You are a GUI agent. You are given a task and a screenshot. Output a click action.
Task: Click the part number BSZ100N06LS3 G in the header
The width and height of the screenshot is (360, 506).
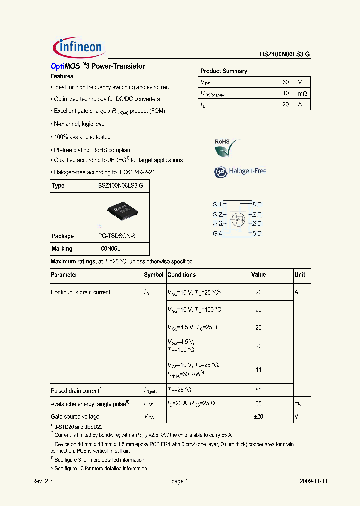[285, 55]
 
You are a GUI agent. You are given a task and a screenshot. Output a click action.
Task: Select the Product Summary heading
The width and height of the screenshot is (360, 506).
[223, 71]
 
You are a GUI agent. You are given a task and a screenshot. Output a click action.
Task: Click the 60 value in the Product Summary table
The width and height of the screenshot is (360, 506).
[285, 82]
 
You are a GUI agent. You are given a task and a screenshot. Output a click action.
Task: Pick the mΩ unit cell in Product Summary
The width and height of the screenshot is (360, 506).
[303, 93]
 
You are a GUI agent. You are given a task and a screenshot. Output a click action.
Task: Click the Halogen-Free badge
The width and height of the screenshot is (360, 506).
[240, 171]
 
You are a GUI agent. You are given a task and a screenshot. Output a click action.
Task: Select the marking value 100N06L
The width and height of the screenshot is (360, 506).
[110, 249]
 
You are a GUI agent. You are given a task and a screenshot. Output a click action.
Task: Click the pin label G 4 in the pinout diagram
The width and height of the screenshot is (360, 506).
[217, 233]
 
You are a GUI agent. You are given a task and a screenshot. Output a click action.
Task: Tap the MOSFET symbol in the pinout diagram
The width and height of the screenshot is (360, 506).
[238, 219]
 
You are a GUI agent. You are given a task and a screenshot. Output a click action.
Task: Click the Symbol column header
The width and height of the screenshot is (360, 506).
[154, 275]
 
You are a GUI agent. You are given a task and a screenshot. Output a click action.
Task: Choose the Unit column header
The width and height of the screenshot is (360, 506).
[300, 275]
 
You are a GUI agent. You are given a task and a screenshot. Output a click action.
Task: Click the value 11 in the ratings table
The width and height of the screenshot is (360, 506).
[258, 370]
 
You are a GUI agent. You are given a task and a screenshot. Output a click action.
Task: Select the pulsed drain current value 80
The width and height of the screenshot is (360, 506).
[258, 390]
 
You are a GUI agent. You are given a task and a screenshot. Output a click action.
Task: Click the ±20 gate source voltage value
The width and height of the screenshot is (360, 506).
[258, 416]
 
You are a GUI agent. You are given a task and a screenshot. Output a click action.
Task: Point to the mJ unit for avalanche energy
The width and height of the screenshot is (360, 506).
[298, 403]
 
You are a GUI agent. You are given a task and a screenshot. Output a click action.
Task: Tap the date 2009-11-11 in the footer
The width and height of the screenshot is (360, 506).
[314, 481]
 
